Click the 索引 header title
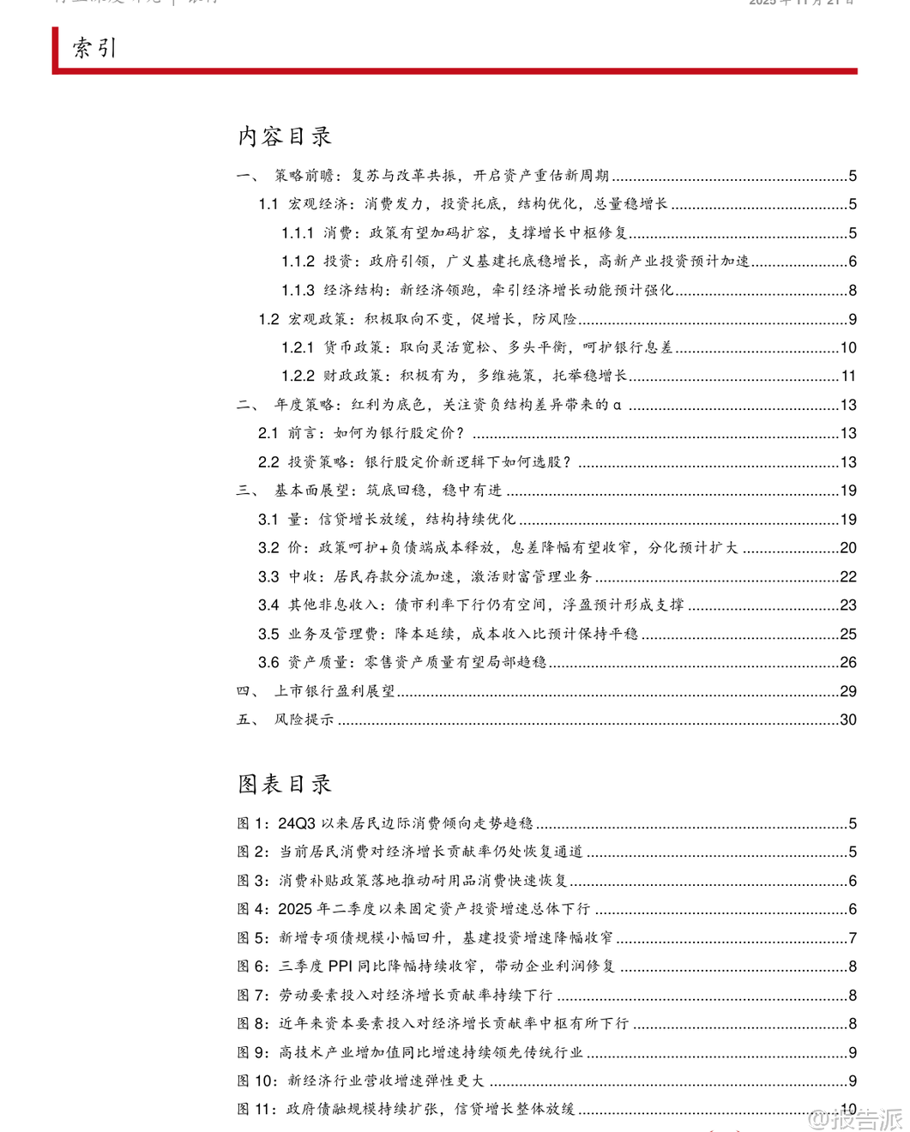(x=94, y=48)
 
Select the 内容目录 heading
(x=285, y=136)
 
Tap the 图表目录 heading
(x=285, y=784)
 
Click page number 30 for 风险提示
(x=847, y=720)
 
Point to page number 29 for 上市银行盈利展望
(x=847, y=691)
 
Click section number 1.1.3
(x=298, y=291)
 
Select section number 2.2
(x=268, y=462)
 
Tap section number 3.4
(x=268, y=605)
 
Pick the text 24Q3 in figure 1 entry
(x=297, y=823)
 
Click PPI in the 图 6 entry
(x=340, y=966)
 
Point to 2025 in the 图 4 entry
(x=295, y=909)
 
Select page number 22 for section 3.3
(x=847, y=577)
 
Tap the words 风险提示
(x=304, y=720)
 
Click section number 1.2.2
(x=298, y=376)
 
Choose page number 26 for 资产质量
(x=847, y=663)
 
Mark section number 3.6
(x=268, y=663)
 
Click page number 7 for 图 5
(x=853, y=938)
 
